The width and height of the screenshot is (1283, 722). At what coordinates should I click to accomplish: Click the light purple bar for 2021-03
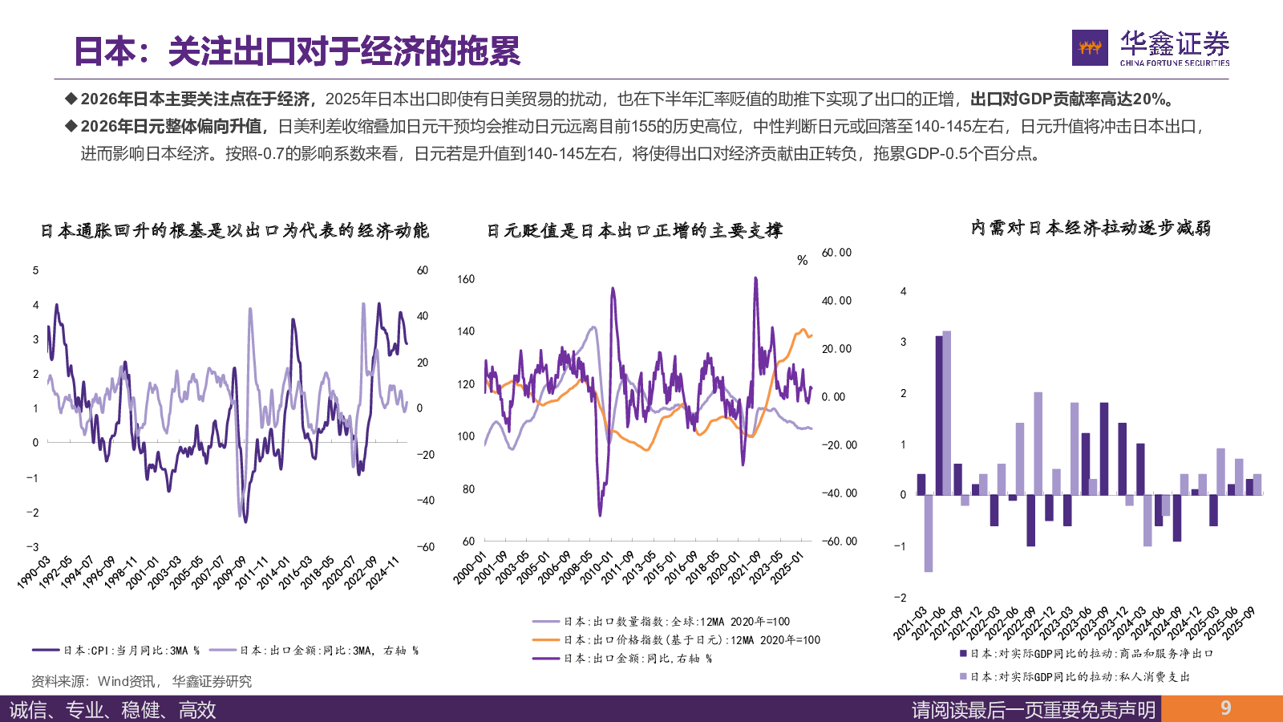pyautogui.click(x=929, y=533)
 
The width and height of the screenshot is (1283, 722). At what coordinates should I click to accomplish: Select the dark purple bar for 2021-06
pyautogui.click(x=939, y=415)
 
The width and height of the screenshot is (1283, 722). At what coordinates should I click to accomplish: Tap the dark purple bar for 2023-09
pyautogui.click(x=1104, y=448)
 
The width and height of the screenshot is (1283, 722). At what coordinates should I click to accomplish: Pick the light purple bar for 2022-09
pyautogui.click(x=1038, y=443)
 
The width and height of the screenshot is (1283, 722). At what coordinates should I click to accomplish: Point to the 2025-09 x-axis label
pyautogui.click(x=1241, y=623)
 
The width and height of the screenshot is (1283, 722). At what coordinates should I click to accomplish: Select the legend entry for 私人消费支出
pyautogui.click(x=1075, y=677)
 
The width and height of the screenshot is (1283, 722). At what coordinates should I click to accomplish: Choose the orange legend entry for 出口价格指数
pyautogui.click(x=675, y=640)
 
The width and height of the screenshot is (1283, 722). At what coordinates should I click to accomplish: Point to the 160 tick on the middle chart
pyautogui.click(x=466, y=279)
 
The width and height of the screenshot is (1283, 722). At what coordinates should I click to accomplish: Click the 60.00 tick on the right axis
pyautogui.click(x=836, y=253)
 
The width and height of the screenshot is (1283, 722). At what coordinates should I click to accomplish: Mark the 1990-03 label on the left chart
pyautogui.click(x=34, y=572)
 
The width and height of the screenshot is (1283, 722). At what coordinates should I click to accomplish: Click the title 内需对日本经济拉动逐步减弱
pyautogui.click(x=1090, y=229)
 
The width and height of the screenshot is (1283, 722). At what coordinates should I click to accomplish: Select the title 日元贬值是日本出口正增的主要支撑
pyautogui.click(x=634, y=231)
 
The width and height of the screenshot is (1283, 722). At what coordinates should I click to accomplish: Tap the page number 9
pyautogui.click(x=1225, y=708)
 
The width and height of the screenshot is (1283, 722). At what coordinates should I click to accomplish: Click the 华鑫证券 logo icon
pyautogui.click(x=1090, y=48)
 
